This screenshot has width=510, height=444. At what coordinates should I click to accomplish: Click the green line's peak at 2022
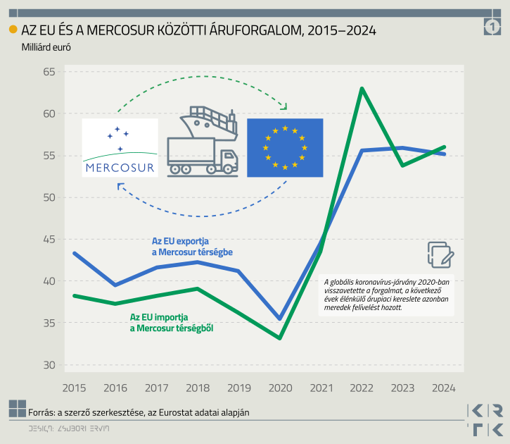[x=362, y=89]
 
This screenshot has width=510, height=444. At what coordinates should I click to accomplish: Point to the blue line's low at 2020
[x=280, y=319]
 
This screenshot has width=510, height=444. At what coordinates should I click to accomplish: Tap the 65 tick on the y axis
[x=48, y=72]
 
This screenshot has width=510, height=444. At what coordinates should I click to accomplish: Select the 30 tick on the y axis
[x=48, y=365]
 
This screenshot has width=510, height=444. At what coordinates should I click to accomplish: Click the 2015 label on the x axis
[x=74, y=388]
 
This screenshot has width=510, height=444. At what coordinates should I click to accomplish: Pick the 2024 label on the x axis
[x=444, y=388]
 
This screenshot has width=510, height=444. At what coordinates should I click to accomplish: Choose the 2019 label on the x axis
[x=238, y=388]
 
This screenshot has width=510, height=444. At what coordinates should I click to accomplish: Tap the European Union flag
[x=285, y=148]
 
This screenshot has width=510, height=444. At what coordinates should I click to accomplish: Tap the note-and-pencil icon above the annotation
[x=440, y=254]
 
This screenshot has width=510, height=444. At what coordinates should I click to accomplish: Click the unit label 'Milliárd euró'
[x=46, y=47]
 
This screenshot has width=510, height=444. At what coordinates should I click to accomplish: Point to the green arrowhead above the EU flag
[x=283, y=106]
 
